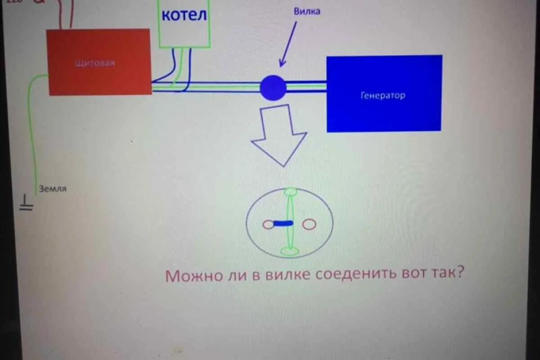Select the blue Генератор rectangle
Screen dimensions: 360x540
tap(383, 112)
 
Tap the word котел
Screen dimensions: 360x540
tap(184, 15)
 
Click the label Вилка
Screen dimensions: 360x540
tap(307, 12)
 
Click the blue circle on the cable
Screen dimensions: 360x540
tap(273, 88)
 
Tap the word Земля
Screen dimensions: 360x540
tap(53, 189)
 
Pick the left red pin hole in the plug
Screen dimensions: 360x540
tap(268, 224)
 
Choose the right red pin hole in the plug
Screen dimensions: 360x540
tap(309, 224)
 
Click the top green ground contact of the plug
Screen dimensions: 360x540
tap(291, 192)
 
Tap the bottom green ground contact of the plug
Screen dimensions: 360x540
tap(290, 251)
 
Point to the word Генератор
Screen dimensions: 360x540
tap(382, 95)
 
